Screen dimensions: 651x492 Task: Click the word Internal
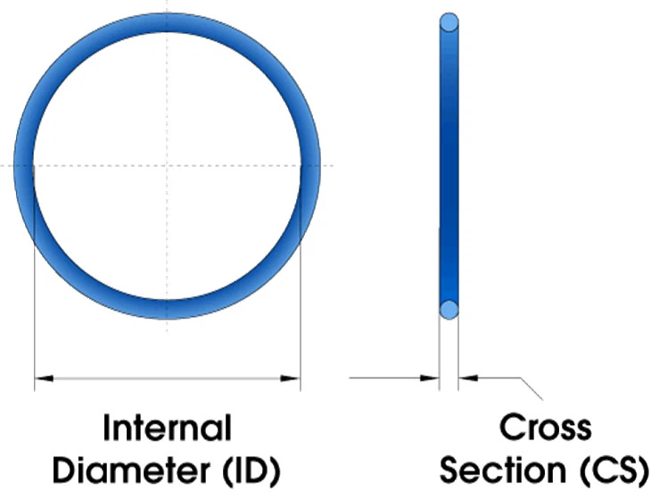tap(167, 428)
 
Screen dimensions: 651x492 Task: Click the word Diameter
tap(132, 471)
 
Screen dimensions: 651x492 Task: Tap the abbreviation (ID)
tap(252, 471)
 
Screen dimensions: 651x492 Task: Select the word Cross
tap(545, 427)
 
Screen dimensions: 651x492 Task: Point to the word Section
tap(503, 470)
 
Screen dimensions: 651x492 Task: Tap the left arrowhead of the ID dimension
tap(44, 378)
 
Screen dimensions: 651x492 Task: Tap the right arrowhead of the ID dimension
tap(290, 378)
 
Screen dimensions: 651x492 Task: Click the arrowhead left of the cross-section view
tap(430, 378)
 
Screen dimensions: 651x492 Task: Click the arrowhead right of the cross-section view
tap(468, 378)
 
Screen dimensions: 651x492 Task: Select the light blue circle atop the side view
tap(449, 22)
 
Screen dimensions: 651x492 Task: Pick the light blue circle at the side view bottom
tap(449, 310)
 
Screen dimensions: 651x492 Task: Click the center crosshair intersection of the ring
tap(167, 166)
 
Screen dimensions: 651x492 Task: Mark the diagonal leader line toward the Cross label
tap(532, 388)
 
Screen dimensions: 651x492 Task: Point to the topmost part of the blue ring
tap(167, 22)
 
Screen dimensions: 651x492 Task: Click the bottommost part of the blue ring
tap(167, 310)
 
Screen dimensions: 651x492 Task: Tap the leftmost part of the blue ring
tap(24, 166)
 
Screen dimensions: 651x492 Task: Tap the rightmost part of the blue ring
tap(310, 166)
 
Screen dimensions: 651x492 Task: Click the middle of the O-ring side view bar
tap(449, 166)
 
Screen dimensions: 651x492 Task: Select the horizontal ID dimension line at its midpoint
tap(167, 378)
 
